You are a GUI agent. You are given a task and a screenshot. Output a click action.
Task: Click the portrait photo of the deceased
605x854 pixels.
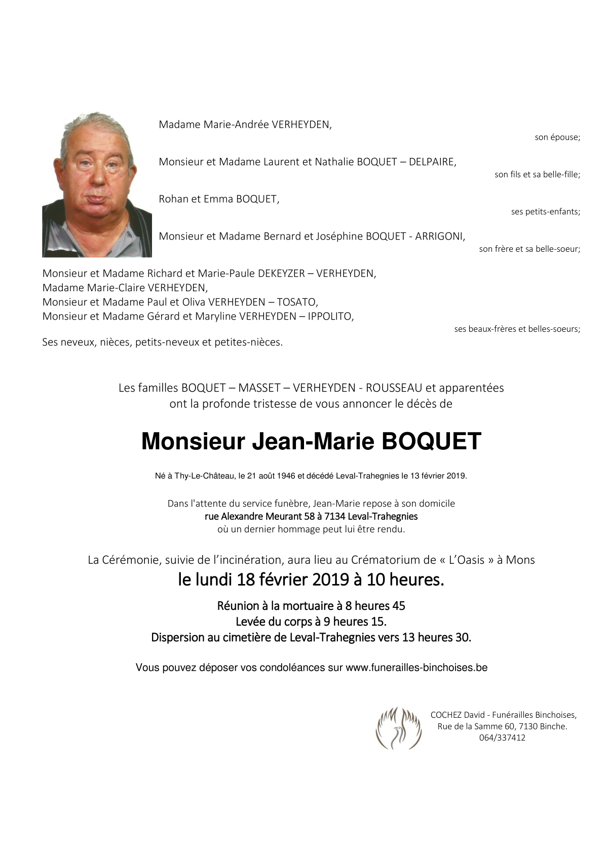pyautogui.click(x=97, y=185)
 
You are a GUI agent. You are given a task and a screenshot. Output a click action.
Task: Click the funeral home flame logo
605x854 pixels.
pyautogui.click(x=399, y=728)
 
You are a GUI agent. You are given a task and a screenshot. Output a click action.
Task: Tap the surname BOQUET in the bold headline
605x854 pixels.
pyautogui.click(x=431, y=441)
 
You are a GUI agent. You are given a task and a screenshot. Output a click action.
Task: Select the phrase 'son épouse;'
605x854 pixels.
pyautogui.click(x=557, y=137)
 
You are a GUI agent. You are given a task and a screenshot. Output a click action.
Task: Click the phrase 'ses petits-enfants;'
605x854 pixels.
pyautogui.click(x=545, y=212)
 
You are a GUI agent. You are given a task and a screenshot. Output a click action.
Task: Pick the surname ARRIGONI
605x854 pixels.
pyautogui.click(x=439, y=237)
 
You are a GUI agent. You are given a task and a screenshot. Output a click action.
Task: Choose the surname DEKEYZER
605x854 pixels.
pyautogui.click(x=281, y=274)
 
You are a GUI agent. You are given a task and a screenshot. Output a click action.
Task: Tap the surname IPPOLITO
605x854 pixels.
pyautogui.click(x=330, y=317)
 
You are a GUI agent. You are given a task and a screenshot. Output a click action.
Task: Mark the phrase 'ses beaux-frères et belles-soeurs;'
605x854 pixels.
pyautogui.click(x=517, y=329)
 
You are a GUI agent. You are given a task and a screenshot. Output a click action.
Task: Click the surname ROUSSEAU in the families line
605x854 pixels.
pyautogui.click(x=394, y=388)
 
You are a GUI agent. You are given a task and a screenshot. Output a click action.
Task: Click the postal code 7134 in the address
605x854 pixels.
pyautogui.click(x=335, y=517)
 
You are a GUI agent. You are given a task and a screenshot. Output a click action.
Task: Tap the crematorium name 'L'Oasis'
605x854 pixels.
pyautogui.click(x=467, y=560)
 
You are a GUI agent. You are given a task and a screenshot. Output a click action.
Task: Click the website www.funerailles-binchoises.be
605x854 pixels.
pyautogui.click(x=417, y=668)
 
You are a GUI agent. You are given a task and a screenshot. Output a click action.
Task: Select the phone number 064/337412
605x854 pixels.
pyautogui.click(x=502, y=738)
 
